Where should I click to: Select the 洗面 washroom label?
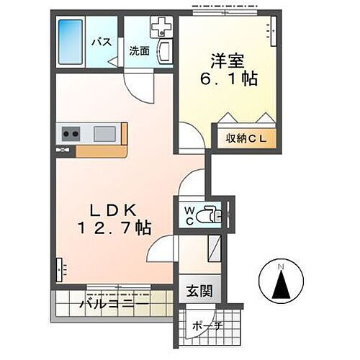tap(139, 51)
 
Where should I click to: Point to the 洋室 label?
tap(225, 55)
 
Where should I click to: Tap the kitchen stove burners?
tap(71, 133)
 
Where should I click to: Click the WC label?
tap(187, 215)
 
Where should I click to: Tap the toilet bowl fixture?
tap(210, 215)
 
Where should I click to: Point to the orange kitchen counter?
tap(101, 150)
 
